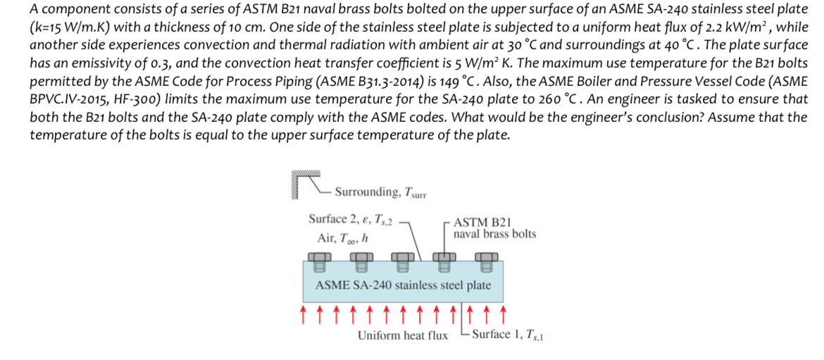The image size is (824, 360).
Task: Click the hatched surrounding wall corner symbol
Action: tap(304, 185)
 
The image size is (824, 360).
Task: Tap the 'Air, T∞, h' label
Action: tap(337, 238)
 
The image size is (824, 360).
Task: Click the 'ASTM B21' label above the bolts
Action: tap(477, 221)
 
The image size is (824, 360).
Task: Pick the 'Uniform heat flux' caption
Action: tap(402, 335)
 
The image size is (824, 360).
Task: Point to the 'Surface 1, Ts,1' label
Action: tap(508, 335)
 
